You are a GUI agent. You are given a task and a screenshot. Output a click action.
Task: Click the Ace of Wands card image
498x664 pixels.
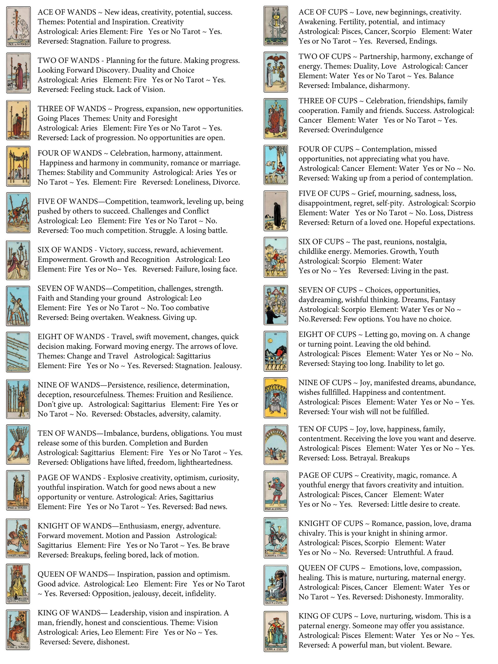tap(18, 27)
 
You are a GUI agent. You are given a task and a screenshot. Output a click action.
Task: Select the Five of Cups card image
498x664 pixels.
tap(276, 211)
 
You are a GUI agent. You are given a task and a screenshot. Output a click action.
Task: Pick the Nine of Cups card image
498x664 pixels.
tap(276, 398)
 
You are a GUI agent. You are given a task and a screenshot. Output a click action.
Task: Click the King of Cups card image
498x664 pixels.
tap(276, 631)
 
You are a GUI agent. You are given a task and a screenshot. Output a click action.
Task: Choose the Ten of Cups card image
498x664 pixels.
tap(276, 444)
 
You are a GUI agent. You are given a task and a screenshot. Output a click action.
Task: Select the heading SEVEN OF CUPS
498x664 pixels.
tap(327, 290)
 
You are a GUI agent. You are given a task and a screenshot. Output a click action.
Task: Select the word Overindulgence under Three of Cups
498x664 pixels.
tap(357, 130)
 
